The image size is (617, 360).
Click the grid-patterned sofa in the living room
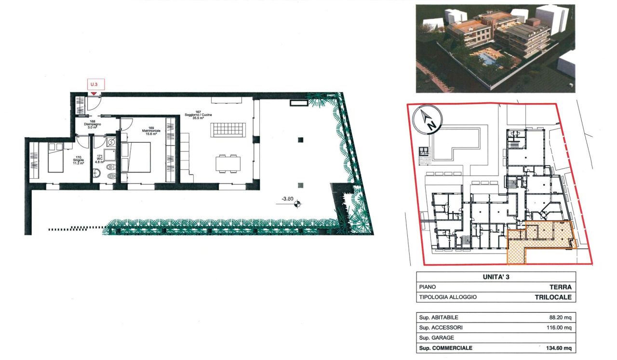[x=229, y=129]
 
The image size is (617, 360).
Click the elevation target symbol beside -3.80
[x=297, y=203]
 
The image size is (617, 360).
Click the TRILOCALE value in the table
[x=553, y=297]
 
